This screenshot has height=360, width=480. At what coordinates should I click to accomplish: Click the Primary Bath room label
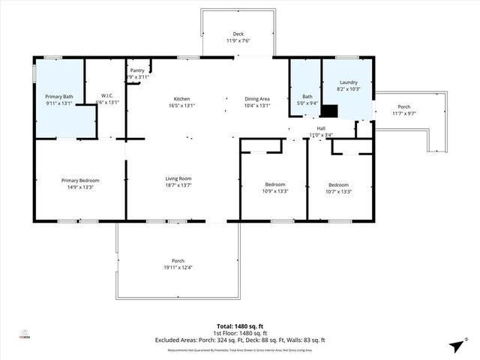point(58,97)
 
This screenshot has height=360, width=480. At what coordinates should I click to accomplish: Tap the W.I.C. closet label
point(106,95)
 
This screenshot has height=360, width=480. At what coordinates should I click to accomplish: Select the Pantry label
point(137,70)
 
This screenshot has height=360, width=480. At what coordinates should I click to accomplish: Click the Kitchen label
point(181,99)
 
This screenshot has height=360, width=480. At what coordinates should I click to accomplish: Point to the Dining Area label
point(257,99)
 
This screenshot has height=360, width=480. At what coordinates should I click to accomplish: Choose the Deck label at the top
point(238,34)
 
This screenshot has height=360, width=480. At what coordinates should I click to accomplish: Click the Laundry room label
point(348,82)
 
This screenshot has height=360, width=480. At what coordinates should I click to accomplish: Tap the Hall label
point(321,128)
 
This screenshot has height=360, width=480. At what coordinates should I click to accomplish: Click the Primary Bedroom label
point(80,180)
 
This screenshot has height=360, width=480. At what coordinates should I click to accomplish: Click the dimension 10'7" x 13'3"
point(338,191)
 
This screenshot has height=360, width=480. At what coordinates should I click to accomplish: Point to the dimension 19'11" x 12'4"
point(178,268)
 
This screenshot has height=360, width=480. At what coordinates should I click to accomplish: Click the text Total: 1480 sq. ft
point(240,326)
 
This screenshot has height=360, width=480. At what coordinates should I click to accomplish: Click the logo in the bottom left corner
point(25,334)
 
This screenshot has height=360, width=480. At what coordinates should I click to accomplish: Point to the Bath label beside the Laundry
point(307,97)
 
